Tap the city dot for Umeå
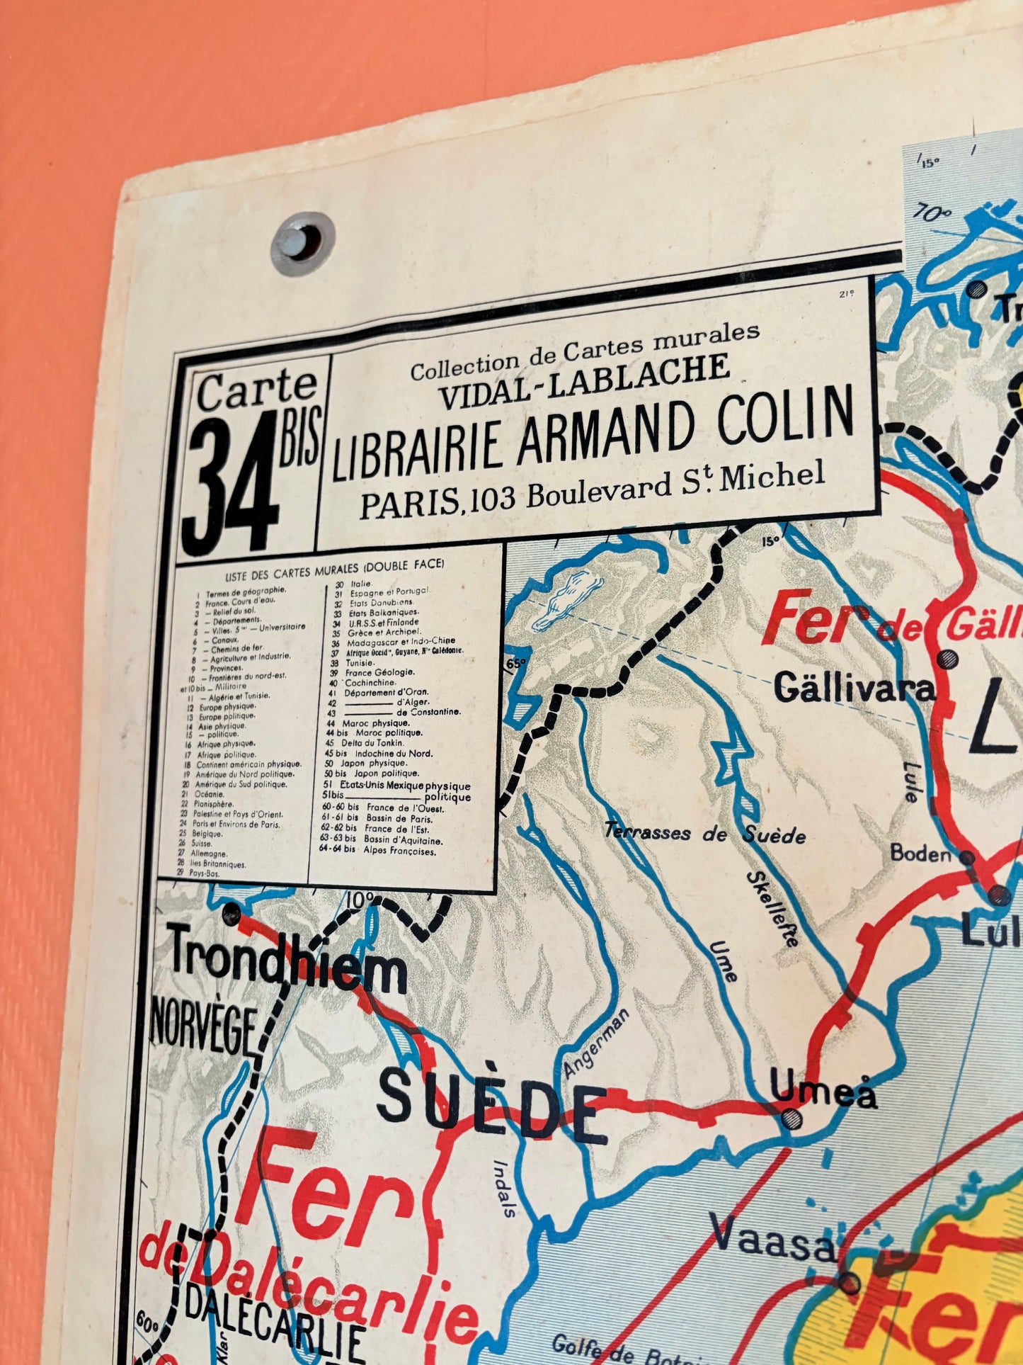(791, 1118)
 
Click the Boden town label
(920, 853)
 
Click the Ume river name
(723, 961)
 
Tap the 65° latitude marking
(517, 664)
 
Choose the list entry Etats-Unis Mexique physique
(396, 786)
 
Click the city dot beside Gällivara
(947, 659)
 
